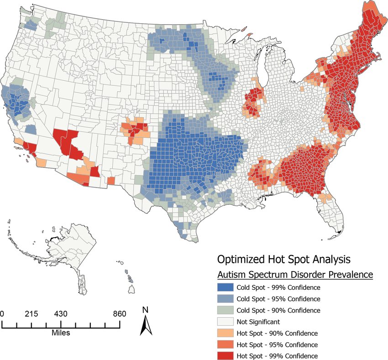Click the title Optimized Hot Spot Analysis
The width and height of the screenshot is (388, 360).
pyautogui.click(x=283, y=259)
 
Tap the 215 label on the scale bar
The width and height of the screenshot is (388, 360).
pyautogui.click(x=31, y=314)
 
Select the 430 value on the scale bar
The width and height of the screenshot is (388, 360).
pyautogui.click(x=61, y=314)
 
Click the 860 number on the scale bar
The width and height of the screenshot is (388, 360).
pyautogui.click(x=119, y=314)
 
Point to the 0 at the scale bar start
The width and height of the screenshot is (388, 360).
pyautogui.click(x=2, y=314)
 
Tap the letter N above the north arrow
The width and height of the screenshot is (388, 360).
pyautogui.click(x=145, y=310)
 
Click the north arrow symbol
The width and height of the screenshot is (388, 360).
pyautogui.click(x=146, y=325)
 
